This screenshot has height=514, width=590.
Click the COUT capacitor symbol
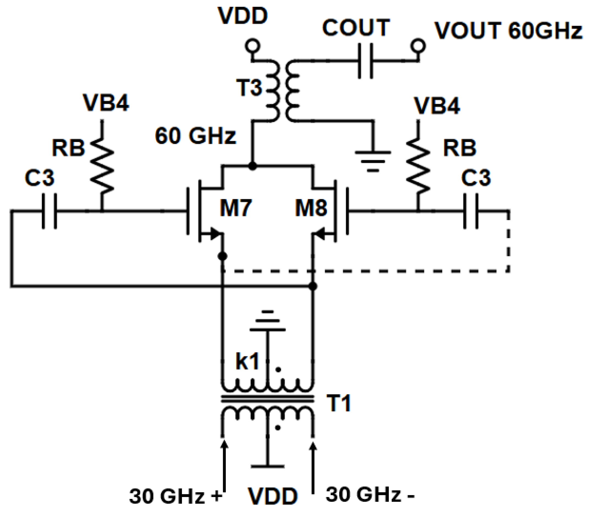coord(365,61)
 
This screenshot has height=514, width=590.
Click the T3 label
coord(249,87)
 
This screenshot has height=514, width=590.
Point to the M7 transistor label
coord(235,208)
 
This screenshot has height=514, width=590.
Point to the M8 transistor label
coord(311,208)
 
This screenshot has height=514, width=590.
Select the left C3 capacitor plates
coord(50,211)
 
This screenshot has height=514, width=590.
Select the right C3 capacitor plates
coord(471,211)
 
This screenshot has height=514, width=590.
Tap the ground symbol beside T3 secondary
coord(373,161)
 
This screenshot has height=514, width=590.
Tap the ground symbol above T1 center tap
coord(268,321)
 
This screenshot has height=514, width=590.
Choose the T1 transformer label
coord(339,403)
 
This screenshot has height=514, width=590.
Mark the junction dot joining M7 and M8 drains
coord(252,166)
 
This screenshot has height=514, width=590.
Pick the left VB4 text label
coord(106,103)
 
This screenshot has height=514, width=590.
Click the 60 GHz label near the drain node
coord(195,136)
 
